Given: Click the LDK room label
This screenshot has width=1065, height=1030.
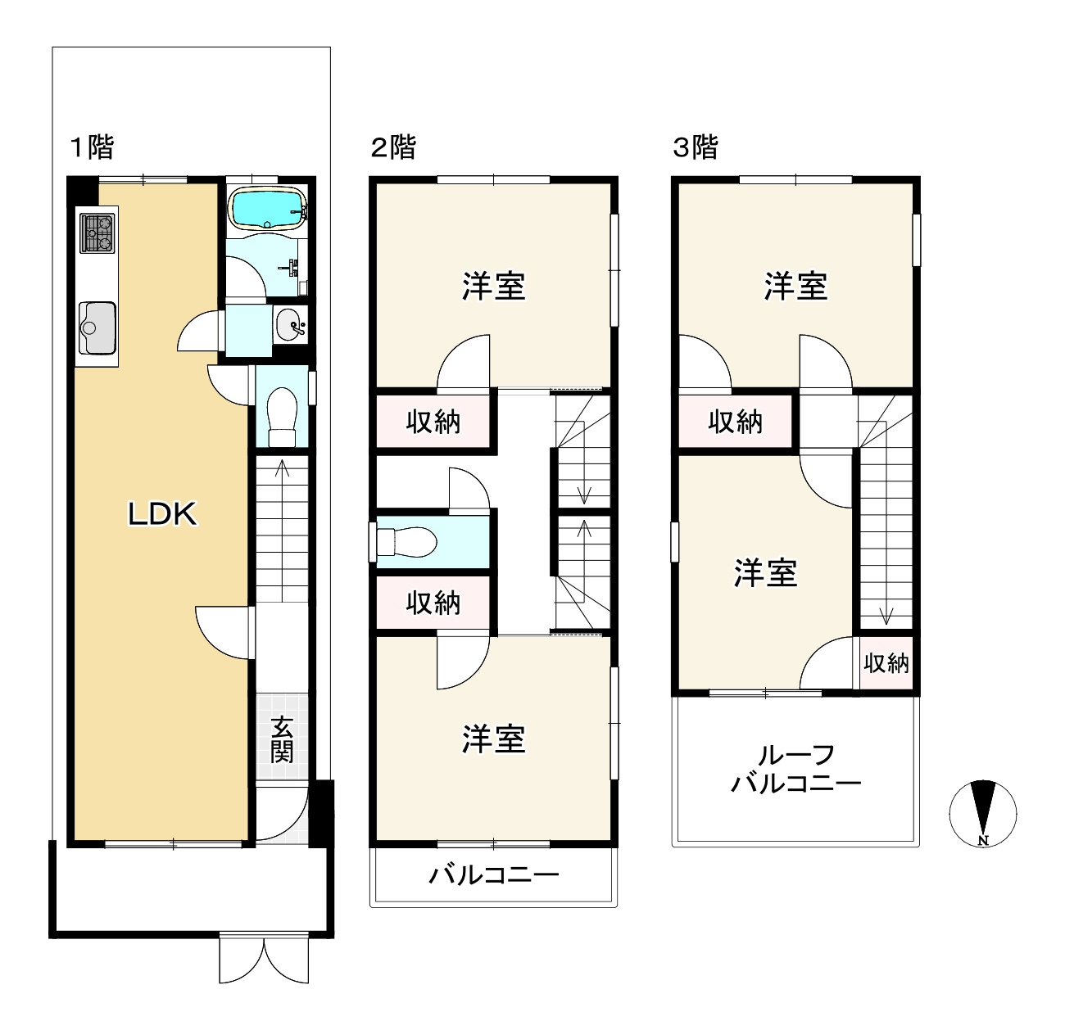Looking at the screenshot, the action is [162, 515].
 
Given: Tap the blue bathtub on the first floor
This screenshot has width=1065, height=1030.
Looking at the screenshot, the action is [268, 209].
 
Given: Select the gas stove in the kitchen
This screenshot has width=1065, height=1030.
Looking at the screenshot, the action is [97, 233].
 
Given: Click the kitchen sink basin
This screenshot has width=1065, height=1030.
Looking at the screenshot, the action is [97, 328].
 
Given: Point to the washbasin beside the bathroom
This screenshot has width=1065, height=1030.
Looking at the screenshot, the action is [290, 325].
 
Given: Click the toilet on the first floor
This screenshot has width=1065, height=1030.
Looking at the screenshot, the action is [282, 417].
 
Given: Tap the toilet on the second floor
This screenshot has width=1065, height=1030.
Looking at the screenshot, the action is [406, 542].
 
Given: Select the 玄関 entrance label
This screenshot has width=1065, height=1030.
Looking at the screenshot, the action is [282, 739].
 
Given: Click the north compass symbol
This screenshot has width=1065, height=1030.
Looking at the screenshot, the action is [983, 814].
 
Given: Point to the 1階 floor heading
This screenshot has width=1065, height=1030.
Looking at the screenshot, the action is [92, 147].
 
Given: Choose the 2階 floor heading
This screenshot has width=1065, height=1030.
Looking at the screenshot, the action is [393, 147].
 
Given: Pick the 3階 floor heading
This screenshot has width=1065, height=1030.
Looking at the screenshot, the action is [695, 147].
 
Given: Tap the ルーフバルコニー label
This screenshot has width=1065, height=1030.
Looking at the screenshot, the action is [796, 770].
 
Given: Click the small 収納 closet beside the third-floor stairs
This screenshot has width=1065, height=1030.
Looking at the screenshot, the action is [886, 663].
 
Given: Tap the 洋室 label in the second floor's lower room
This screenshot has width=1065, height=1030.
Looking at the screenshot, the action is [494, 739].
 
